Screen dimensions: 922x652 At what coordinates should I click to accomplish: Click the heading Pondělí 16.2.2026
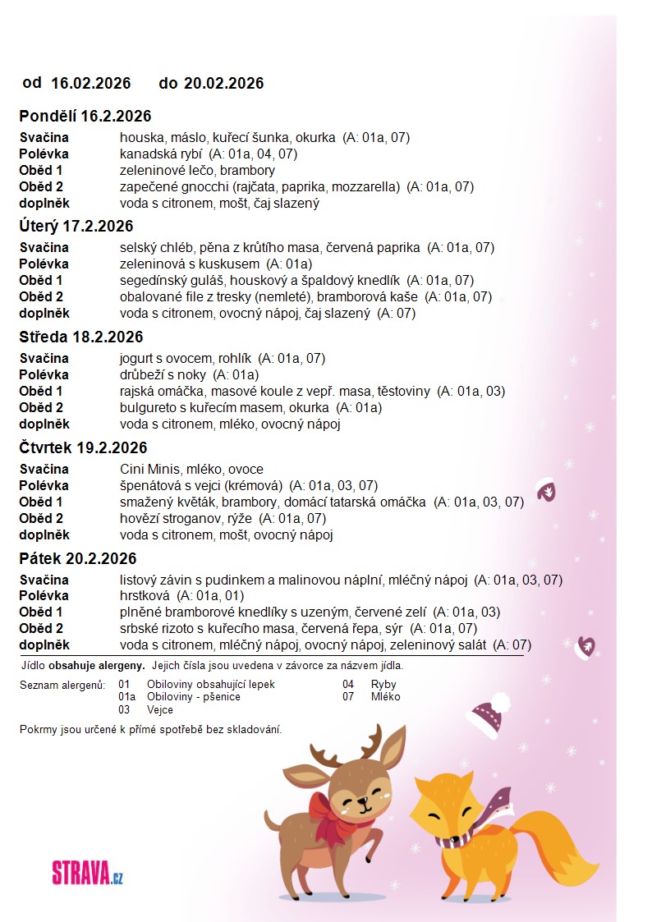click(85, 116)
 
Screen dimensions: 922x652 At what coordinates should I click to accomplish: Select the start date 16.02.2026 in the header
click(91, 83)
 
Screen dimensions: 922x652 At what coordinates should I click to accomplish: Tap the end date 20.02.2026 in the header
click(223, 83)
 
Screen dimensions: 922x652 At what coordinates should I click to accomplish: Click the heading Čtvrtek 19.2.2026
click(83, 447)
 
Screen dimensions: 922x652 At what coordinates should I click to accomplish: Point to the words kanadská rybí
click(162, 154)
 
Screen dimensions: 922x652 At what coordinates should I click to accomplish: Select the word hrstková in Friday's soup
click(143, 595)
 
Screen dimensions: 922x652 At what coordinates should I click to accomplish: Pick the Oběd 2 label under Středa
click(41, 407)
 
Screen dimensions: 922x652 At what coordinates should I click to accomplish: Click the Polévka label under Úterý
click(44, 264)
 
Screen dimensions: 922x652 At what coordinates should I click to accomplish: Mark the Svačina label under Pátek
click(44, 580)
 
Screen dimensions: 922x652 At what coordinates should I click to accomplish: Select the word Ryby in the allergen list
click(383, 684)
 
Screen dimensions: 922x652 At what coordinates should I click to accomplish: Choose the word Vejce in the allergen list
click(160, 709)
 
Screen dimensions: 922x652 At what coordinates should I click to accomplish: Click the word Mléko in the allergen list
click(386, 696)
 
